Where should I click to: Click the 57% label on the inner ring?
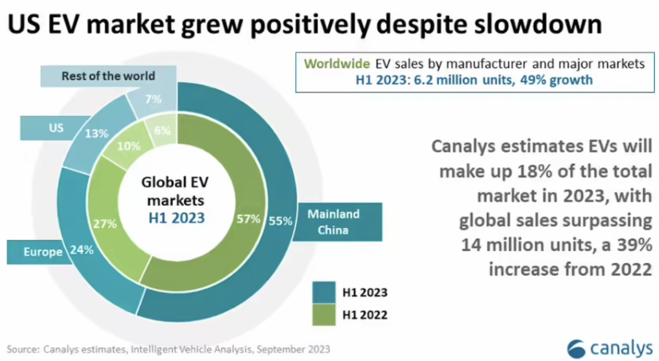(248, 219)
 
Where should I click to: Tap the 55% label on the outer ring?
(280, 221)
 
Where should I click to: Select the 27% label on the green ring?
(105, 224)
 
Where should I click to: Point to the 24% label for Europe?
(82, 250)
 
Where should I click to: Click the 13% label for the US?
(96, 134)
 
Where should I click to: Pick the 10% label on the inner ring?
(128, 146)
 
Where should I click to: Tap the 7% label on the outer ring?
(153, 99)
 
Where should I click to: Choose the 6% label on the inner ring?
(162, 130)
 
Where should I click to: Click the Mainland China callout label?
(333, 222)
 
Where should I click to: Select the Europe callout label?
(43, 252)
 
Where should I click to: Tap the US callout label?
(56, 128)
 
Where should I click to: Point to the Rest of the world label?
(108, 76)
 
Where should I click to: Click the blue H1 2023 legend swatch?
(324, 292)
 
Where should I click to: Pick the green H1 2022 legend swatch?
(324, 315)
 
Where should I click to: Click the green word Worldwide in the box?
(337, 64)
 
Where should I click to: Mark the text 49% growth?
(556, 80)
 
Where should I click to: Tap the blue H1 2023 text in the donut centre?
(177, 218)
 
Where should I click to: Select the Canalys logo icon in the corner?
(576, 349)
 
